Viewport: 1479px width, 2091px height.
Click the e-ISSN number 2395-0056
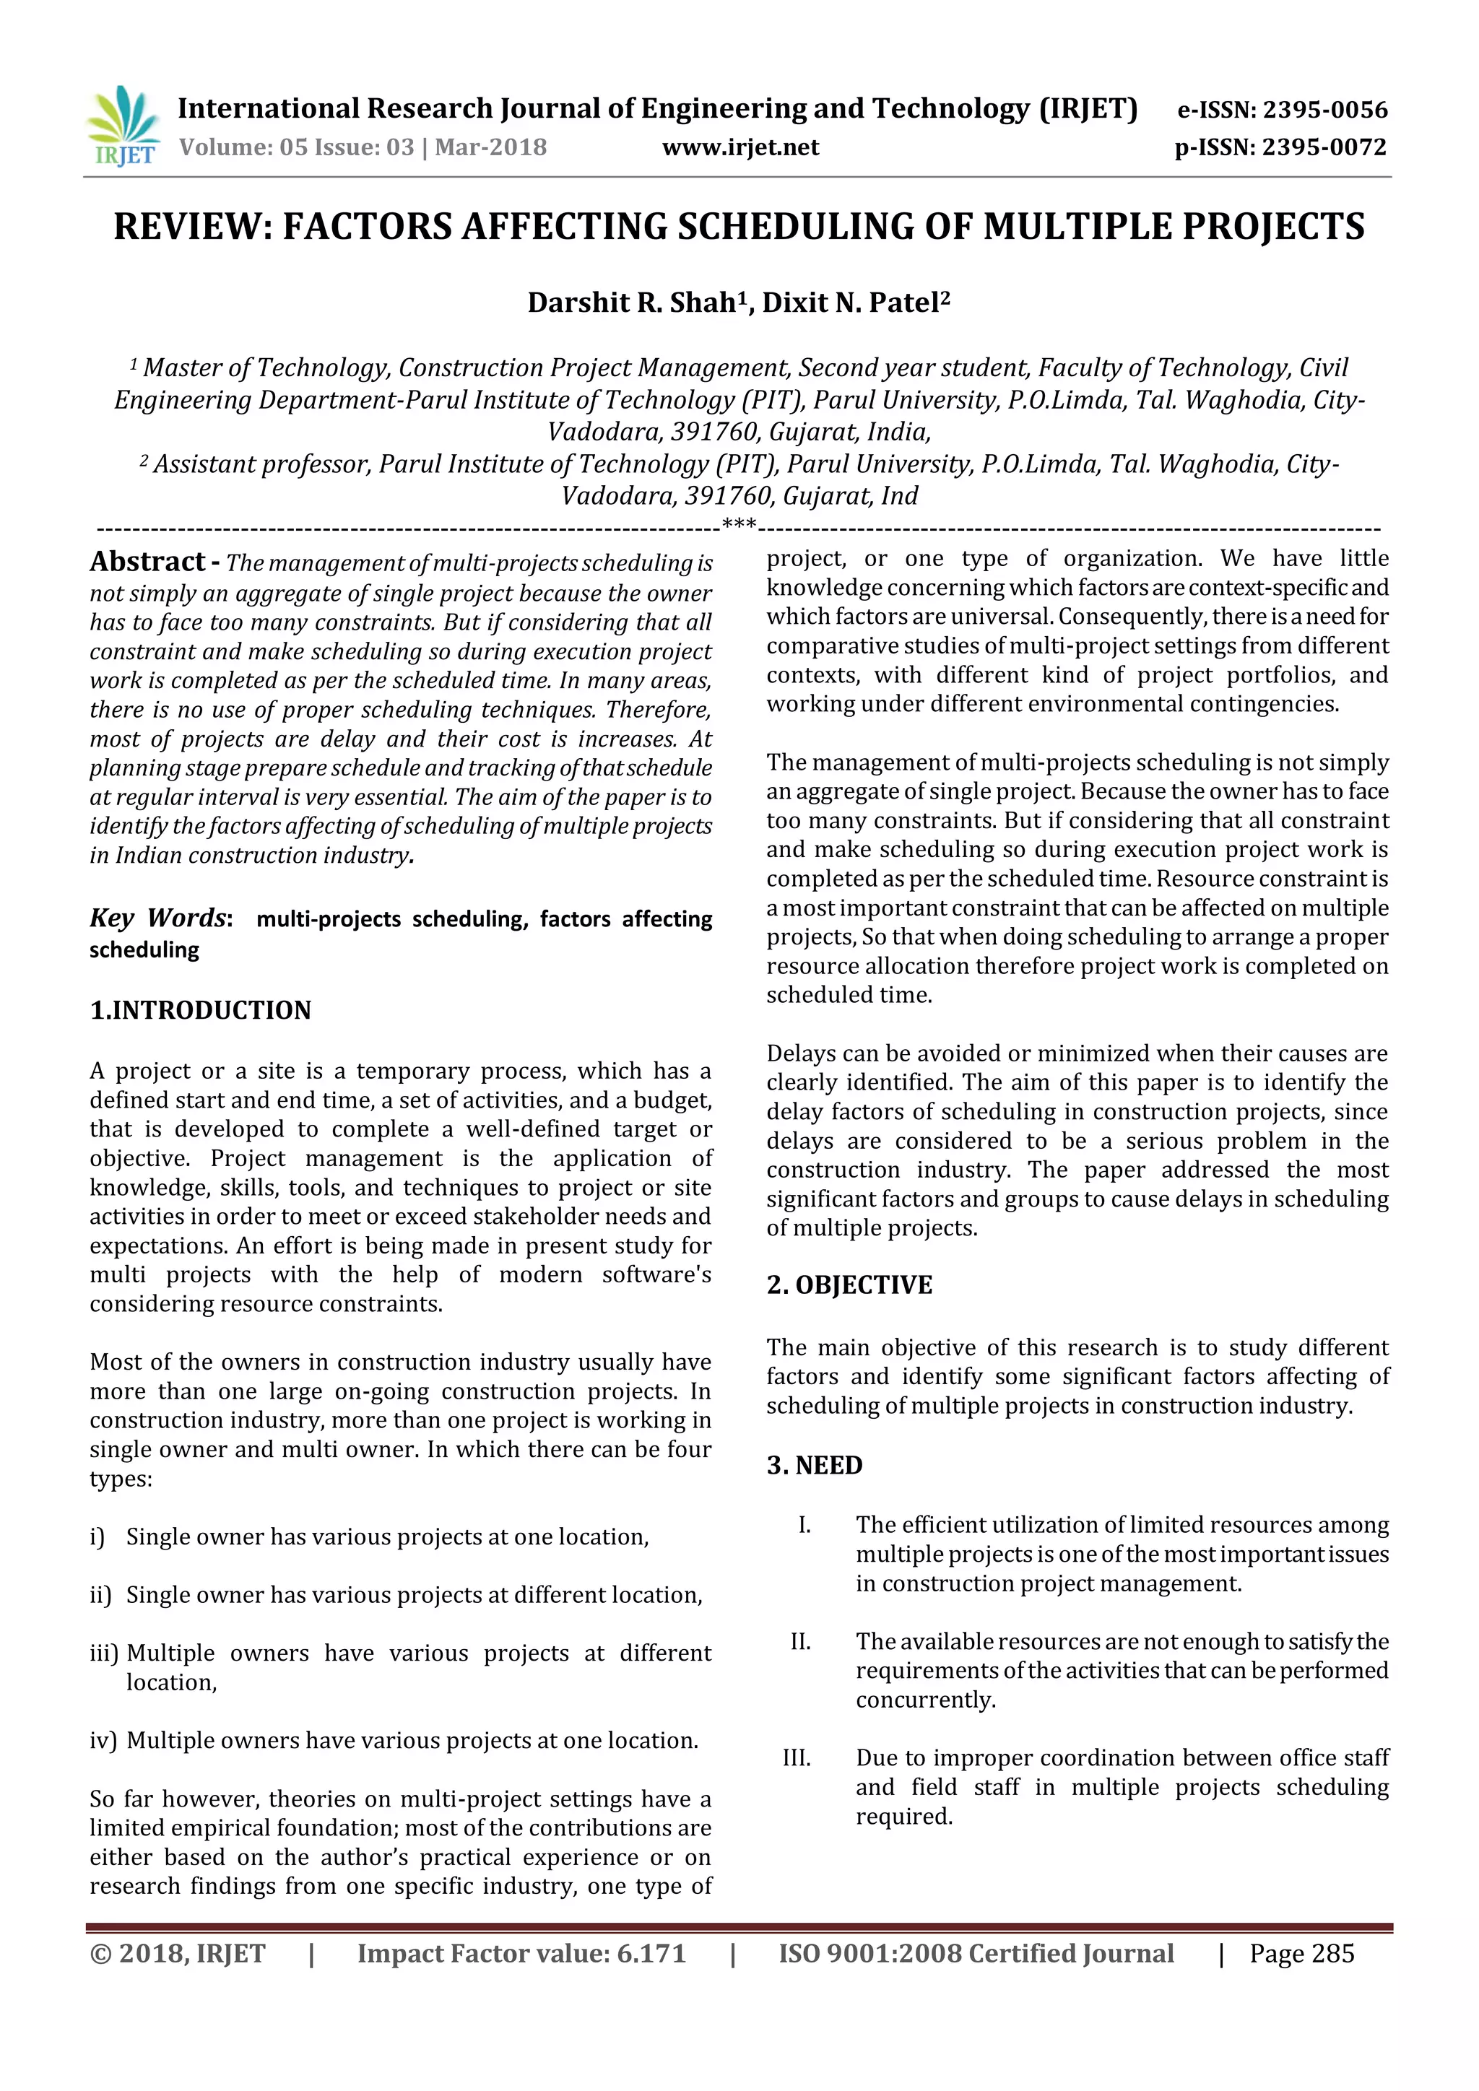click(1325, 110)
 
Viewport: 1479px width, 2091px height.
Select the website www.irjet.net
click(739, 147)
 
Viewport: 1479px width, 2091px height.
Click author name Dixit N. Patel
click(850, 303)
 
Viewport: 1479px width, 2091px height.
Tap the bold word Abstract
click(147, 562)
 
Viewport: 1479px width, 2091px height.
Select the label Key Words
click(157, 918)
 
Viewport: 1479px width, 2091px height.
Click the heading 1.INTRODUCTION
click(200, 1010)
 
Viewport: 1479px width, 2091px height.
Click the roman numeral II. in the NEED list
click(800, 1641)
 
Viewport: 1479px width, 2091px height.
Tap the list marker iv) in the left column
click(103, 1740)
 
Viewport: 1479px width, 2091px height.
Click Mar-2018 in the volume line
click(491, 147)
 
